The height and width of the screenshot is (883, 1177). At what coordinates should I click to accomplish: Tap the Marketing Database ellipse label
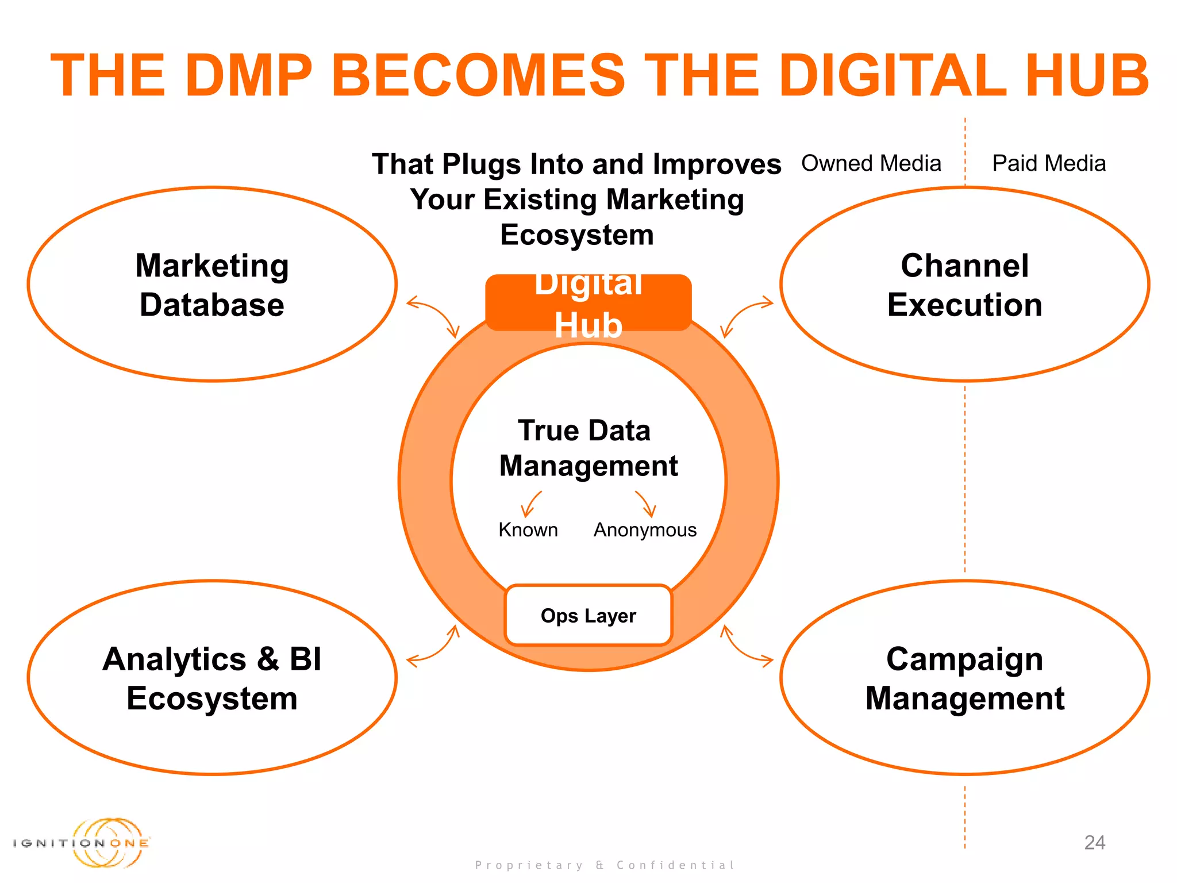pos(212,285)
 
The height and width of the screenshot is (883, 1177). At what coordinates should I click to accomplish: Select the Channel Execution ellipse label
pos(964,285)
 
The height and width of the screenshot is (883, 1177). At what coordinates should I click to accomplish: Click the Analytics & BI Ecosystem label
pos(212,678)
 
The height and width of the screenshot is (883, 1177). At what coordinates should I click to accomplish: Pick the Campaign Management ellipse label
pos(964,678)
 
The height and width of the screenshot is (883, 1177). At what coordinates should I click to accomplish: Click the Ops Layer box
pos(588,616)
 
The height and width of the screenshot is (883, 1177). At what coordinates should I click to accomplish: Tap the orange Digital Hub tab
pos(588,303)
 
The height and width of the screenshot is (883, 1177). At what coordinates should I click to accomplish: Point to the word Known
pos(528,529)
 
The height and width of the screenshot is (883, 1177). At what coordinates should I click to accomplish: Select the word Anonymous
pos(645,529)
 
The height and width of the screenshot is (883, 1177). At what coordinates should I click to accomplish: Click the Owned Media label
pos(871,163)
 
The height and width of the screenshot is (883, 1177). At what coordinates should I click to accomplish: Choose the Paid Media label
pos(1049,163)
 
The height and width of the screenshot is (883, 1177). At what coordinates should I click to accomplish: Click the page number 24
pos(1094,842)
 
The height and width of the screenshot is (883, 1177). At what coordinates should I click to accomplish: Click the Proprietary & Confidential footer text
pos(605,865)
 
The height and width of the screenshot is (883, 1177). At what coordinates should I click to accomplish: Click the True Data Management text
pos(588,448)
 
